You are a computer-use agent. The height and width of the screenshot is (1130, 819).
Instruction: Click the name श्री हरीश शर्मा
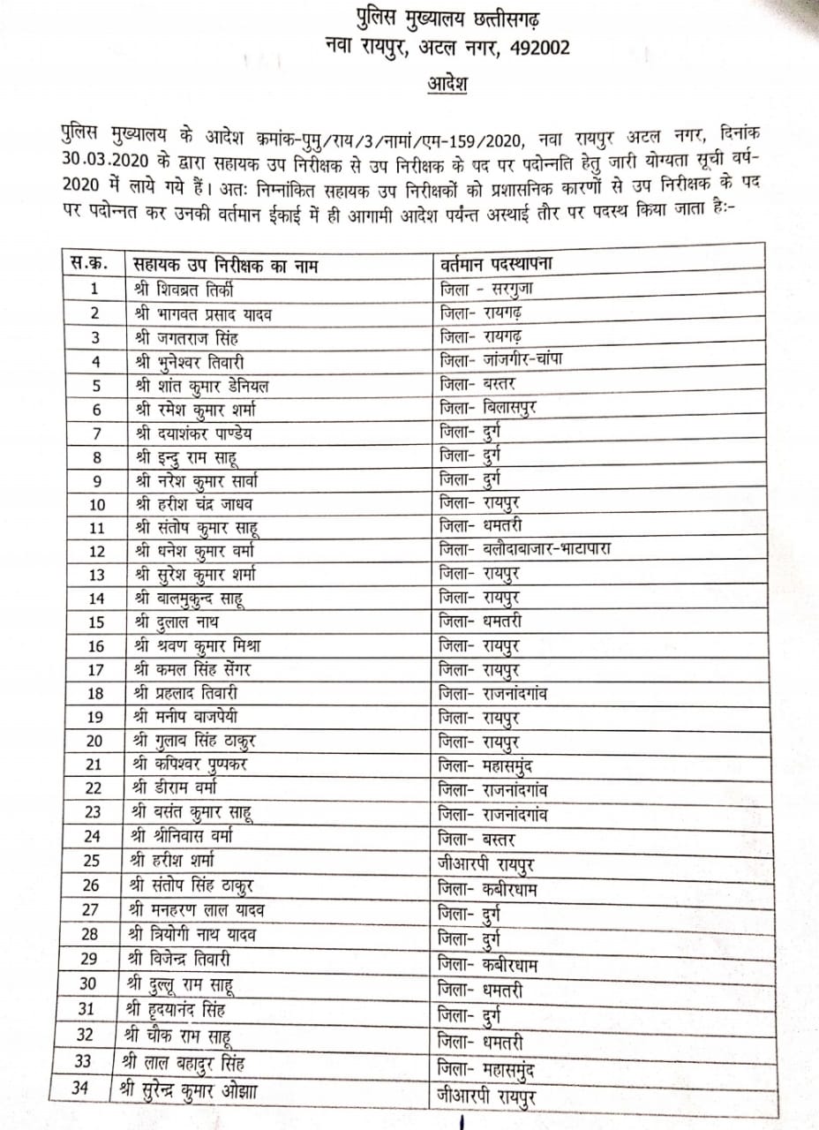tap(177, 861)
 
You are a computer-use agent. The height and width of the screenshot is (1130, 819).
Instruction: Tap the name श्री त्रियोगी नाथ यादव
tap(195, 933)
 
